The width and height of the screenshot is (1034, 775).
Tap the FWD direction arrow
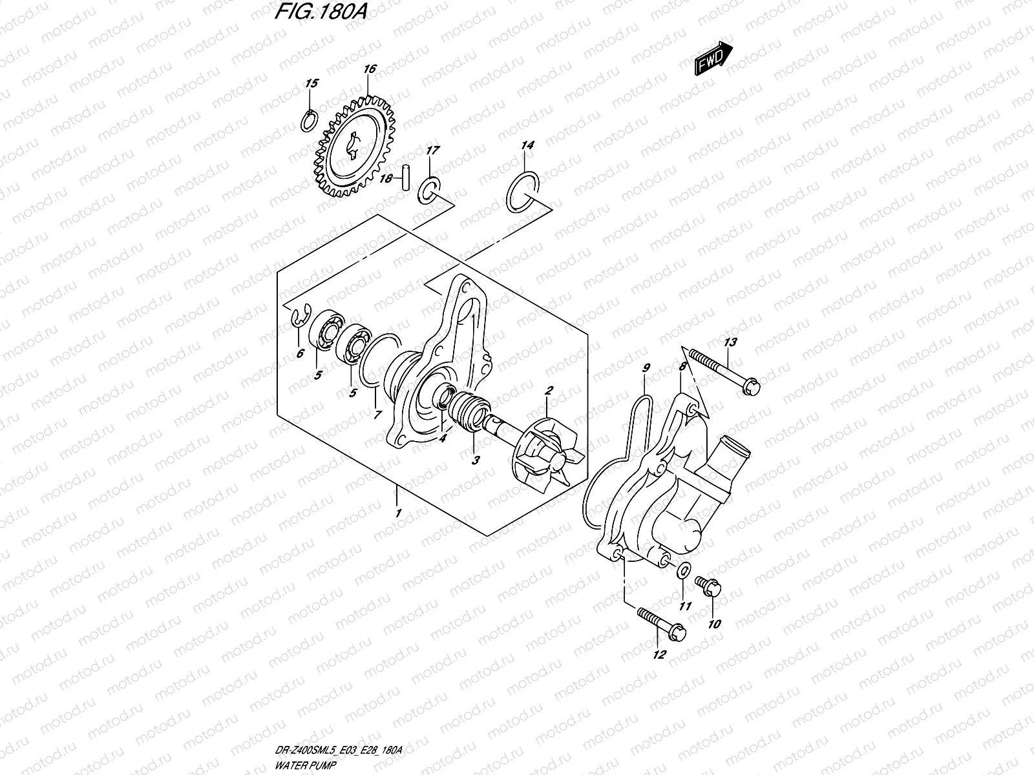(x=713, y=59)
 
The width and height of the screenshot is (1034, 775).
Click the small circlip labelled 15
(x=310, y=119)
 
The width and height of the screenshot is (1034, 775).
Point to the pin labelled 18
(x=405, y=179)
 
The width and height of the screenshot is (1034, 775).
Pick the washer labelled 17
(x=428, y=191)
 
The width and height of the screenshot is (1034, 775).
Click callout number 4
(x=443, y=437)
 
